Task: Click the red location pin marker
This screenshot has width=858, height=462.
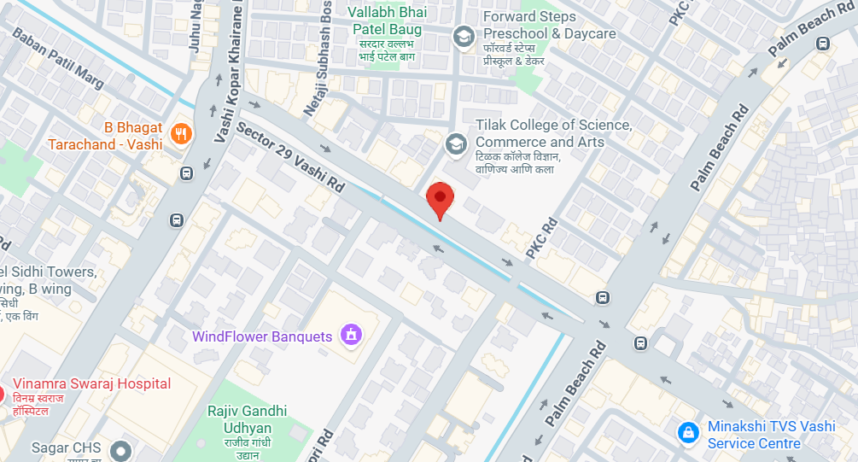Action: (440, 199)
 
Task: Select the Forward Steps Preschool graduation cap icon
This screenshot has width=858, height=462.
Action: (464, 36)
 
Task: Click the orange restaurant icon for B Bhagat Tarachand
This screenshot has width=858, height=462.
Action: (180, 133)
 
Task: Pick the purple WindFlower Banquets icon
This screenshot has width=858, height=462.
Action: (349, 336)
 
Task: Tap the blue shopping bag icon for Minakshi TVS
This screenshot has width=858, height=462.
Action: (687, 433)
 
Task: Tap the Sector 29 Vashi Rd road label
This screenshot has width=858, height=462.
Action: (291, 158)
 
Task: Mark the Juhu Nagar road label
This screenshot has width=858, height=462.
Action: (196, 26)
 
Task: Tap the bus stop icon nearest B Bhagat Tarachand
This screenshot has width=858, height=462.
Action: (186, 173)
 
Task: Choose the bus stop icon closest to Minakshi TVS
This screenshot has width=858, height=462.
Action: (640, 343)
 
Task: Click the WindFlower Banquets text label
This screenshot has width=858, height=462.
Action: (262, 336)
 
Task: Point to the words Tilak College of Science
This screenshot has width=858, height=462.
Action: (554, 126)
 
